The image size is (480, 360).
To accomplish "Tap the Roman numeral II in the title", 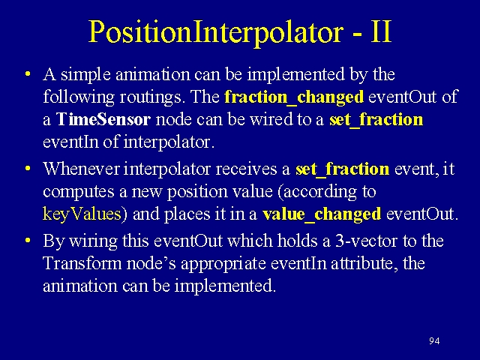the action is pos(381,31).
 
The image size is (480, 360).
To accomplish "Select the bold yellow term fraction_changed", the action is pos(294,97).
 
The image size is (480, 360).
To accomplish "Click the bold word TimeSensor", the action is pos(103,119).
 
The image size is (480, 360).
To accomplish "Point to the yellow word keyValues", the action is pos(82,214).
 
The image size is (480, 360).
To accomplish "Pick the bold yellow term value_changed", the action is pos(322,214).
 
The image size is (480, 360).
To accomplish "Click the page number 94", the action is pos(434,340).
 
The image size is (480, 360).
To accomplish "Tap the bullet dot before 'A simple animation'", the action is pos(28,74).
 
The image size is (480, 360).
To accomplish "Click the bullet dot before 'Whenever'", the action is pos(28,169).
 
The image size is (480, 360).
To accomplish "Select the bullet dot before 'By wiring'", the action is pos(28,240).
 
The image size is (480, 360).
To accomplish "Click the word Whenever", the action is pos(81,169).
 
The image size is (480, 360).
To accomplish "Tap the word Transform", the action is pos(82,263).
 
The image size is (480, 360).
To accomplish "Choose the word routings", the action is pos(150,97).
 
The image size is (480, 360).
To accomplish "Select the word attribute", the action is pos(364,263).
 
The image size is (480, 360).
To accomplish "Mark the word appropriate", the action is pos(223,264).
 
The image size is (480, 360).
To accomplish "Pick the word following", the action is pos(79,97).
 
